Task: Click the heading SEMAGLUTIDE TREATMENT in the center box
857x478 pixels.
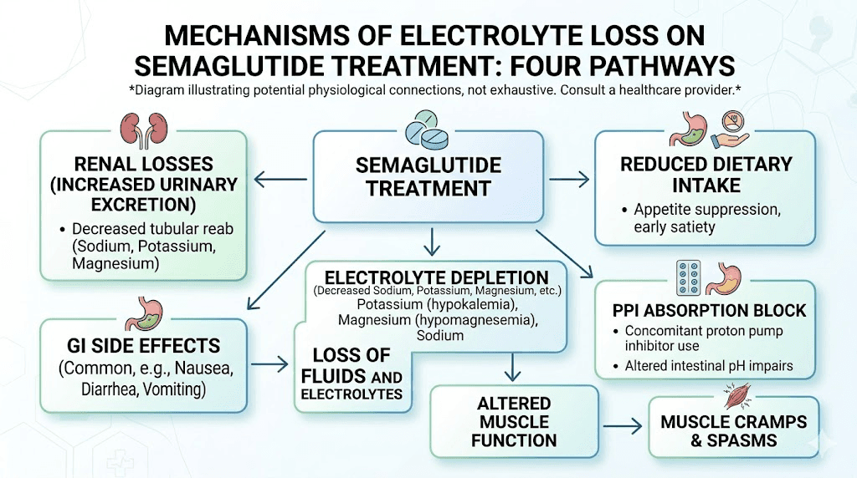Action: (x=428, y=175)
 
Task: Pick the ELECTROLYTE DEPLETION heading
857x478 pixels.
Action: (x=436, y=277)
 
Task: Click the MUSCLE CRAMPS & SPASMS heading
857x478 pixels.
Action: (x=732, y=430)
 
